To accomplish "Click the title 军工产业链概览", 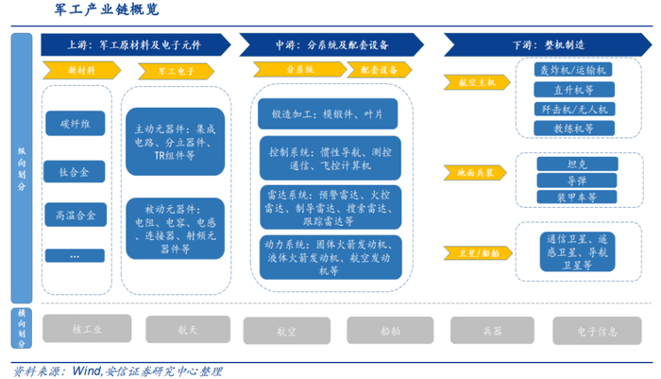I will coord(105,11).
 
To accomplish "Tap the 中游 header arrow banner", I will coord(334,44).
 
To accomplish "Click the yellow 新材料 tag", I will coord(76,70).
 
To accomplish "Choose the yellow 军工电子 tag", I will coord(175,70).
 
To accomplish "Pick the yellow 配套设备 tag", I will coord(378,69).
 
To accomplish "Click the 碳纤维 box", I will coord(75,124).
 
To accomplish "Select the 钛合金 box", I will coord(75,172).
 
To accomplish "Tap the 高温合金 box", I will coord(75,215).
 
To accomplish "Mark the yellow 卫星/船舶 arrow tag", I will coord(471,252).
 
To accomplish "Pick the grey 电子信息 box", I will coord(597,330).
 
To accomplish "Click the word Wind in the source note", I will coord(87,370).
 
